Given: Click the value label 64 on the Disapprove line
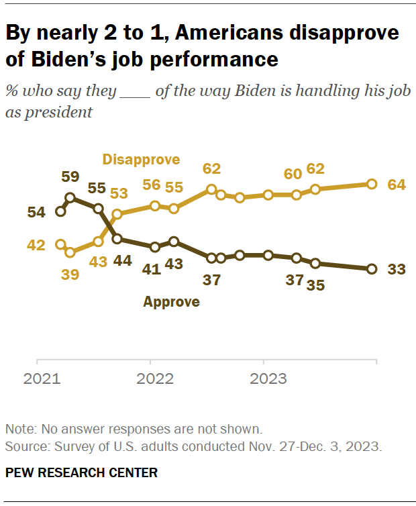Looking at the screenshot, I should tap(397, 185).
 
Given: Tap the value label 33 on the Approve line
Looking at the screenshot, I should tap(397, 269).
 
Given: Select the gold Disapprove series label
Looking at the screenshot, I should tap(141, 160).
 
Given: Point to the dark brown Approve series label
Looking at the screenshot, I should tap(171, 302).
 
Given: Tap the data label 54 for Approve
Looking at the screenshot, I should tap(36, 212).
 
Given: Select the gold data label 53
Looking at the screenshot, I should tap(119, 194).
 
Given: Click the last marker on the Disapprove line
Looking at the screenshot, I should tap(372, 184).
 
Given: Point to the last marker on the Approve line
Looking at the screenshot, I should tap(372, 269).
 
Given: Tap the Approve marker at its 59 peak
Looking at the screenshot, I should tap(70, 198).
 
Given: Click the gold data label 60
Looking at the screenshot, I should tap(293, 174).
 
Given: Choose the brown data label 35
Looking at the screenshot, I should tap(315, 285).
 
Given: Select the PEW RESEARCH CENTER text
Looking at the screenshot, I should tap(81, 473).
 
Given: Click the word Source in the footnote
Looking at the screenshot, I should tap(22, 446).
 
